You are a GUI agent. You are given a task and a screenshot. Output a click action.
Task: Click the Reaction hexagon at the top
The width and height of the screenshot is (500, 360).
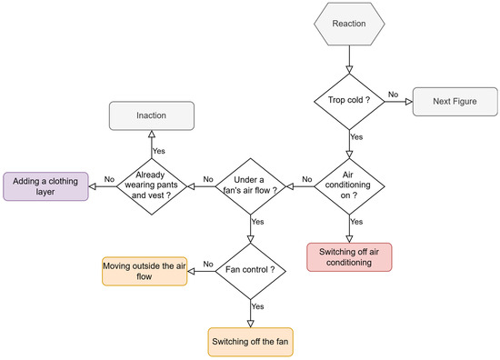click(x=349, y=24)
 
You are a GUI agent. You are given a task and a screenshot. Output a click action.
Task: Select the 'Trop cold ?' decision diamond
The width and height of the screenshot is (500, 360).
click(x=349, y=102)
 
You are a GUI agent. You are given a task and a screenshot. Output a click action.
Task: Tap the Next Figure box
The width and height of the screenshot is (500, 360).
click(x=455, y=102)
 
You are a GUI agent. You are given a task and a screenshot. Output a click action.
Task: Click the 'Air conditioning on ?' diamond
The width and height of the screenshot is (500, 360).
click(x=349, y=186)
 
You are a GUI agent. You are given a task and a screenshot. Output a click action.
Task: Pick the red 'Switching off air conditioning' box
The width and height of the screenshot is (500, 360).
click(x=349, y=257)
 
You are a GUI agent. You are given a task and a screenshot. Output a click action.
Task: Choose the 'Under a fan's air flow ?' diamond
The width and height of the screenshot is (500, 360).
click(x=250, y=186)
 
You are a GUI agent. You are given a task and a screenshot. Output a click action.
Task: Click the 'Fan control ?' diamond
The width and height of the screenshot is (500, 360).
click(x=250, y=271)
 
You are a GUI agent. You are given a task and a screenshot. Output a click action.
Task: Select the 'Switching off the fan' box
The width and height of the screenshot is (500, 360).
click(x=250, y=342)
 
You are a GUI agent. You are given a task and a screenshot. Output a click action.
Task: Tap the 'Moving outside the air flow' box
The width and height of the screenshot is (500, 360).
click(x=145, y=271)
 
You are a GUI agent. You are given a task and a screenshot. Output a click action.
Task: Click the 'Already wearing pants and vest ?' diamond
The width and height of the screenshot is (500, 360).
click(x=152, y=186)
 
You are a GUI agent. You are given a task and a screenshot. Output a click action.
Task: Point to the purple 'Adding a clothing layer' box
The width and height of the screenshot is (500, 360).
click(x=45, y=186)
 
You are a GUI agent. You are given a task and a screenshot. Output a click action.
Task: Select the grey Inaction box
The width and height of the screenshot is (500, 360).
click(x=152, y=115)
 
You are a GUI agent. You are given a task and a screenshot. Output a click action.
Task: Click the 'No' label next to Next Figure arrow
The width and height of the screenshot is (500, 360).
click(x=393, y=95)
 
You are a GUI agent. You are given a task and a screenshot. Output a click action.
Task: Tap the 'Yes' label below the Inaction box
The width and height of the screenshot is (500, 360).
click(x=159, y=151)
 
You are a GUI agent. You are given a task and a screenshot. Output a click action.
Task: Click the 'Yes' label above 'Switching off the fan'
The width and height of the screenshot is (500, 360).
click(x=257, y=306)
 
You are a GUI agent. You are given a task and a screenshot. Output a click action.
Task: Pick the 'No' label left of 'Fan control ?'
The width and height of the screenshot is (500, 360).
click(x=208, y=264)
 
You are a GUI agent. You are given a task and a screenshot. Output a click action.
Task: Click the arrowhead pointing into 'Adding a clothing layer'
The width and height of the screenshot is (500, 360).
click(x=92, y=186)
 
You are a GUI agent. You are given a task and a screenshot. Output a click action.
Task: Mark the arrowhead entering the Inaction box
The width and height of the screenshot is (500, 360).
click(x=152, y=134)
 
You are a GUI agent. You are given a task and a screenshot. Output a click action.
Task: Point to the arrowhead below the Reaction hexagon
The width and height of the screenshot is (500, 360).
click(x=349, y=69)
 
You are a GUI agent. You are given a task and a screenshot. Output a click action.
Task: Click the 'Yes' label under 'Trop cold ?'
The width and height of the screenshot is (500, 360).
click(x=356, y=136)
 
